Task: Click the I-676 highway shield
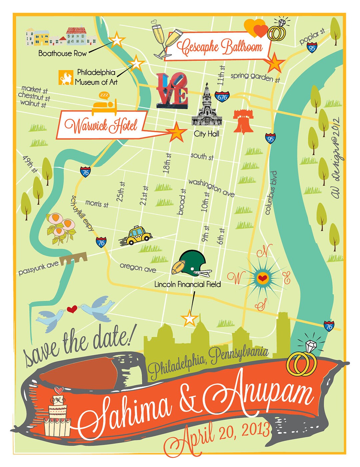(222, 97)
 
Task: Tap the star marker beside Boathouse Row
(117, 40)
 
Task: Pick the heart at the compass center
(263, 278)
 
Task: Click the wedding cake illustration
(58, 414)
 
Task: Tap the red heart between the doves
(72, 309)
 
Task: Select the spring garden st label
(255, 77)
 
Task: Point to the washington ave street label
(211, 187)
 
